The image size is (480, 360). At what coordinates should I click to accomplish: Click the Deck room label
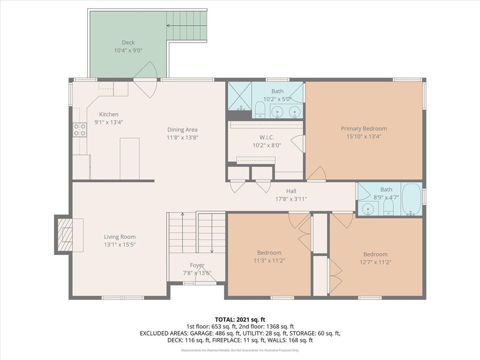click(128, 43)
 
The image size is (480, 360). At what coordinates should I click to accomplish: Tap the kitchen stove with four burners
click(80, 129)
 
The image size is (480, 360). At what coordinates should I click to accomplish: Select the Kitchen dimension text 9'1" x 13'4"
click(109, 122)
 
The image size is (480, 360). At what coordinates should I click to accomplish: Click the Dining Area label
click(182, 130)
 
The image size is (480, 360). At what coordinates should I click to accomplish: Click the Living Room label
click(120, 237)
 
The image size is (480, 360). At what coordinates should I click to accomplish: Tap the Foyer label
click(197, 265)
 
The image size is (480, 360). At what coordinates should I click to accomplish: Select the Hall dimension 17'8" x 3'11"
click(291, 199)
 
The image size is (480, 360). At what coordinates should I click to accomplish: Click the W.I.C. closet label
click(267, 137)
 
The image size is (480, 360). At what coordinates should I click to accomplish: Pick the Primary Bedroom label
click(364, 128)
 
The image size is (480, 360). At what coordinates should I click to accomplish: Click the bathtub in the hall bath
click(412, 199)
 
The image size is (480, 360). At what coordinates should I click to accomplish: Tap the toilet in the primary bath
click(260, 110)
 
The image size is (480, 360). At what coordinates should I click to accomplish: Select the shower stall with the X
click(240, 96)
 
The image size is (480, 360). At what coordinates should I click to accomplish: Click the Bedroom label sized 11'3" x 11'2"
click(269, 253)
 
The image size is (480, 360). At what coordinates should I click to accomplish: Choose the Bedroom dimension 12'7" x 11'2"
click(375, 262)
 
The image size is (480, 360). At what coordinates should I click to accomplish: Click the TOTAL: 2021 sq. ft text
click(240, 320)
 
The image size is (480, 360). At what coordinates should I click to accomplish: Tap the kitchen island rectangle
click(129, 158)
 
